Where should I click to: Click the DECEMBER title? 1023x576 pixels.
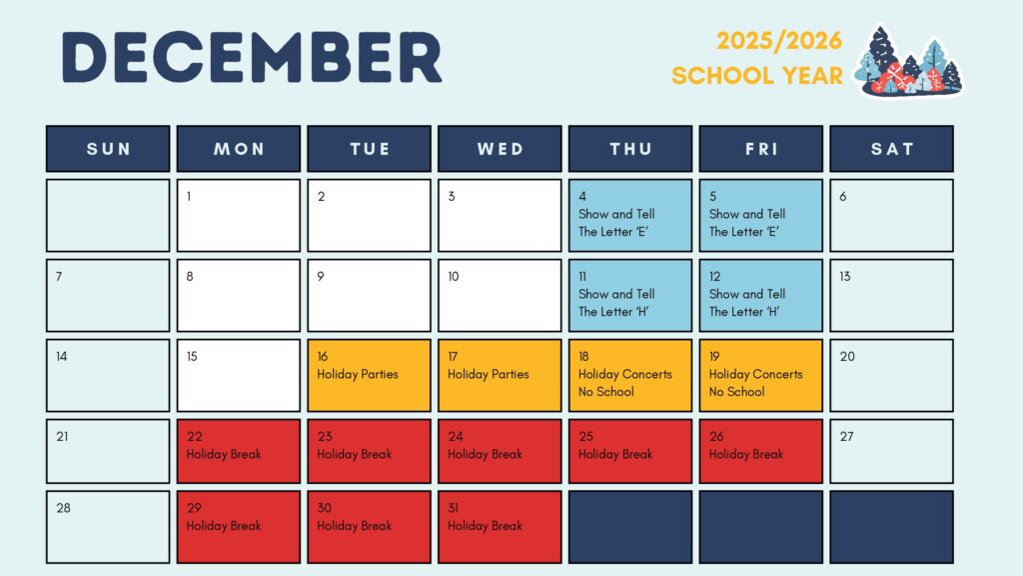251,57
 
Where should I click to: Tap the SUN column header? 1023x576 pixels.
108,149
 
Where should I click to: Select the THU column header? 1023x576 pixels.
630,149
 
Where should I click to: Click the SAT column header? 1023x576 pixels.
891,149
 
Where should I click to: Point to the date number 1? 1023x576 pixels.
190,197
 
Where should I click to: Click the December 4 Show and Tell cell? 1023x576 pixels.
630,215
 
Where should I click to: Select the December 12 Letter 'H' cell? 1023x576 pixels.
760,295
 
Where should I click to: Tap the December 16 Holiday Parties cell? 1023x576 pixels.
369,375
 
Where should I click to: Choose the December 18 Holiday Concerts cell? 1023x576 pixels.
630,375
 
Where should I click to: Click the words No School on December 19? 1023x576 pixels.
736,392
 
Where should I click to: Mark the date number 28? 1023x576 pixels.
64,508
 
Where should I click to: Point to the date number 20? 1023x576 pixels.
847,357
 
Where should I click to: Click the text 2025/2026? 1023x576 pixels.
779,41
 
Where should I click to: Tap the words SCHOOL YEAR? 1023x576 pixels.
757,76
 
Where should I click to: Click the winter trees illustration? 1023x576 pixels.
910,62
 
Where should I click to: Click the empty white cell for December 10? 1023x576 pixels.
500,295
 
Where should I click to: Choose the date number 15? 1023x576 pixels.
192,357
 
